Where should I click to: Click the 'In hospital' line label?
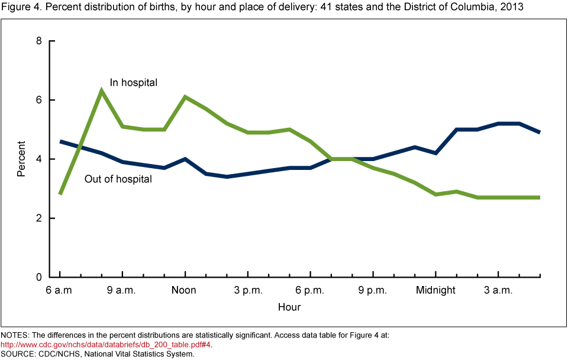coord(134,83)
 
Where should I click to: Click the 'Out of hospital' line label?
coord(118,179)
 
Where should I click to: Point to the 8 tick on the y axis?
coord(38,41)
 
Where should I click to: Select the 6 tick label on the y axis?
coord(38,100)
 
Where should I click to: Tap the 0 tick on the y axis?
coord(38,277)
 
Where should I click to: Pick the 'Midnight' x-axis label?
coord(435,290)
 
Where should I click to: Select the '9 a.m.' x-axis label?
coord(122,290)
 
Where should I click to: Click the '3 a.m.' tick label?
coord(498,290)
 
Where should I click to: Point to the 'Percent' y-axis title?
coord(21,159)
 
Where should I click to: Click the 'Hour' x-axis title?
coord(289,307)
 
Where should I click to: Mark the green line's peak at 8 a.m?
coord(102,91)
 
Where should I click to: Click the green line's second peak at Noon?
coord(185,97)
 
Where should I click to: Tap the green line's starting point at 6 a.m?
coord(60,194)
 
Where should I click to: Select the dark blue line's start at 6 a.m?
coord(60,142)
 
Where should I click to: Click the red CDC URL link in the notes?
coord(106,345)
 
